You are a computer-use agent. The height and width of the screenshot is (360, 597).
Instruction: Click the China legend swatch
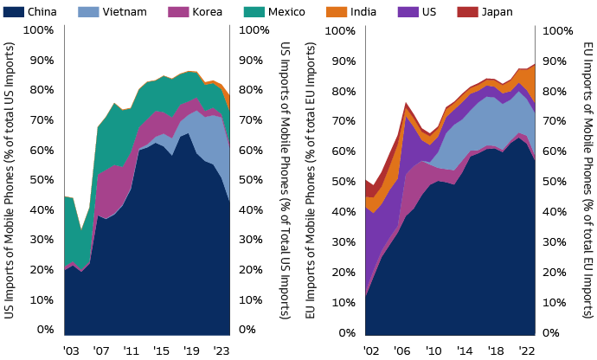coord(13,12)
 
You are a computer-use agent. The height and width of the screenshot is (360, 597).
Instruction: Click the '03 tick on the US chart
coord(71,351)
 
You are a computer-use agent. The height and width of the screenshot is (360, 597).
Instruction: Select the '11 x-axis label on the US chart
coord(131,351)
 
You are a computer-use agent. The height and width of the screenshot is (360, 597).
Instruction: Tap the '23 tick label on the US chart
coord(221,351)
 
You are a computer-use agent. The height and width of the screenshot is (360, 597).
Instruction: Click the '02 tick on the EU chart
coord(372,351)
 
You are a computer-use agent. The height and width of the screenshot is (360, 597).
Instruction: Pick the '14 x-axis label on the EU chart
coord(465,351)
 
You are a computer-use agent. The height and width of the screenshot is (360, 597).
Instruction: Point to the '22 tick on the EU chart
coord(526,351)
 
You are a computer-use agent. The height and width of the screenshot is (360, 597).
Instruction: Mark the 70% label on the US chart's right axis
coord(252,119)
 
